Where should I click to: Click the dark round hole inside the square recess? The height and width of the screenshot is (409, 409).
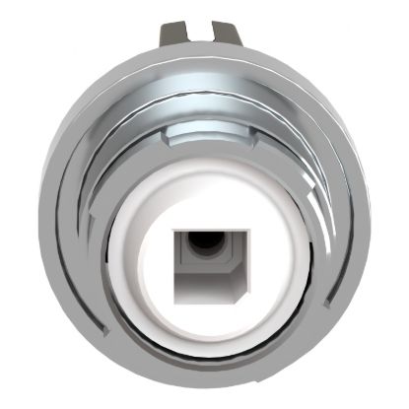(206, 240)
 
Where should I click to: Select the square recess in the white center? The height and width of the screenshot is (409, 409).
(206, 263)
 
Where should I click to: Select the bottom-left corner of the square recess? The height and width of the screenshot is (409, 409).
(174, 297)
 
